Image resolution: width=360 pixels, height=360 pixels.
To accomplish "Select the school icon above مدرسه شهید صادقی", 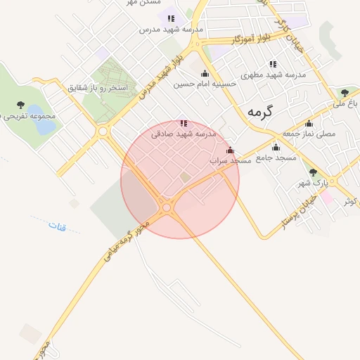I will tap(184, 123).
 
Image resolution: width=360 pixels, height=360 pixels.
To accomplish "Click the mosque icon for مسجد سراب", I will tap(230, 150).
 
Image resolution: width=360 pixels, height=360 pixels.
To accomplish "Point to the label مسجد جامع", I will tap(276, 158).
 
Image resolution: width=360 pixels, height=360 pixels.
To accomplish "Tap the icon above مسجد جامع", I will tap(276, 148).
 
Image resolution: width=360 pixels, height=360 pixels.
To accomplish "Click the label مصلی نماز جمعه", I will tap(309, 133).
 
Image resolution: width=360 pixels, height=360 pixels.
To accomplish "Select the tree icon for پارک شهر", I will tap(313, 172).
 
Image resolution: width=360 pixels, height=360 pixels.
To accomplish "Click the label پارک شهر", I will tap(313, 183).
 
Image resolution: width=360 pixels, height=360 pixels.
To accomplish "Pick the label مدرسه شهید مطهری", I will tap(274, 75).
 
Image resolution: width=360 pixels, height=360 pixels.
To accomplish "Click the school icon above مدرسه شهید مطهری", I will tap(273, 64).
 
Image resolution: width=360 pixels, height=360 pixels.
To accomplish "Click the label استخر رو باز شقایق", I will tap(99, 89).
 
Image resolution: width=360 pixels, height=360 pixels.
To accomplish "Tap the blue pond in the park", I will tap(43, 127).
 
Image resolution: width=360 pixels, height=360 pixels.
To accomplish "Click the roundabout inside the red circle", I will tap(167, 207).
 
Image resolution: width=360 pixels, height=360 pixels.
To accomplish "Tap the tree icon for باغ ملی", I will tap(345, 92).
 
